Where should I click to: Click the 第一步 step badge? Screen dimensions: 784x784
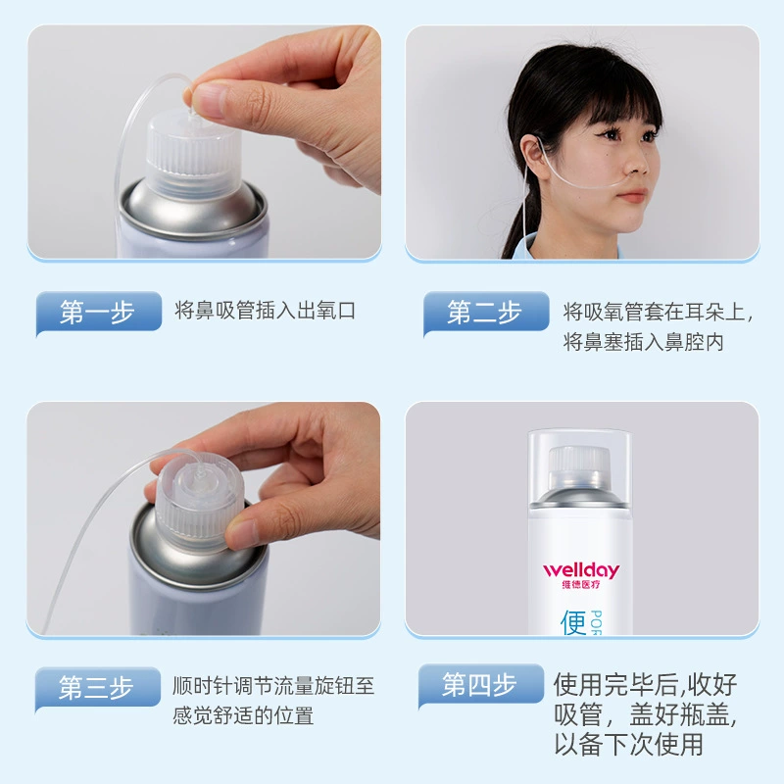(99, 313)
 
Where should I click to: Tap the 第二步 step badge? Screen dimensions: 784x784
(486, 313)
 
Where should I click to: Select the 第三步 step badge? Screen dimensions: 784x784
(98, 689)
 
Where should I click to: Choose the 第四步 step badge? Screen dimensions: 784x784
(481, 685)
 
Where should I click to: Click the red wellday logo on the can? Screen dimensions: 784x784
(581, 570)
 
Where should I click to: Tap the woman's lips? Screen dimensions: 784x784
(636, 194)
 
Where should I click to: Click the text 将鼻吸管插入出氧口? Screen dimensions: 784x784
(265, 311)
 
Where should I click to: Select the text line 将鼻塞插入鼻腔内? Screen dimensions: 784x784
(644, 342)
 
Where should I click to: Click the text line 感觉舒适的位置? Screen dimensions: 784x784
(243, 715)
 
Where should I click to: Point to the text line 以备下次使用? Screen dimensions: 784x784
(628, 745)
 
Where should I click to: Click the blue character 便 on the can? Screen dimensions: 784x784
(573, 623)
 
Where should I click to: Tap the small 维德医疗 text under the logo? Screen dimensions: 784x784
(581, 584)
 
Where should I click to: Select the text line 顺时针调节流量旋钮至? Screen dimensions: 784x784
(273, 686)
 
